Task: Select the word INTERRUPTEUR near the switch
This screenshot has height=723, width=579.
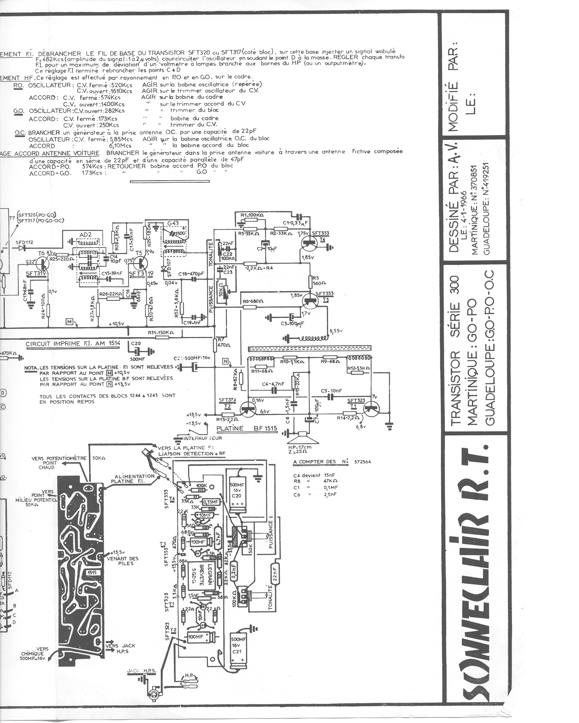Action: pyautogui.click(x=202, y=438)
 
